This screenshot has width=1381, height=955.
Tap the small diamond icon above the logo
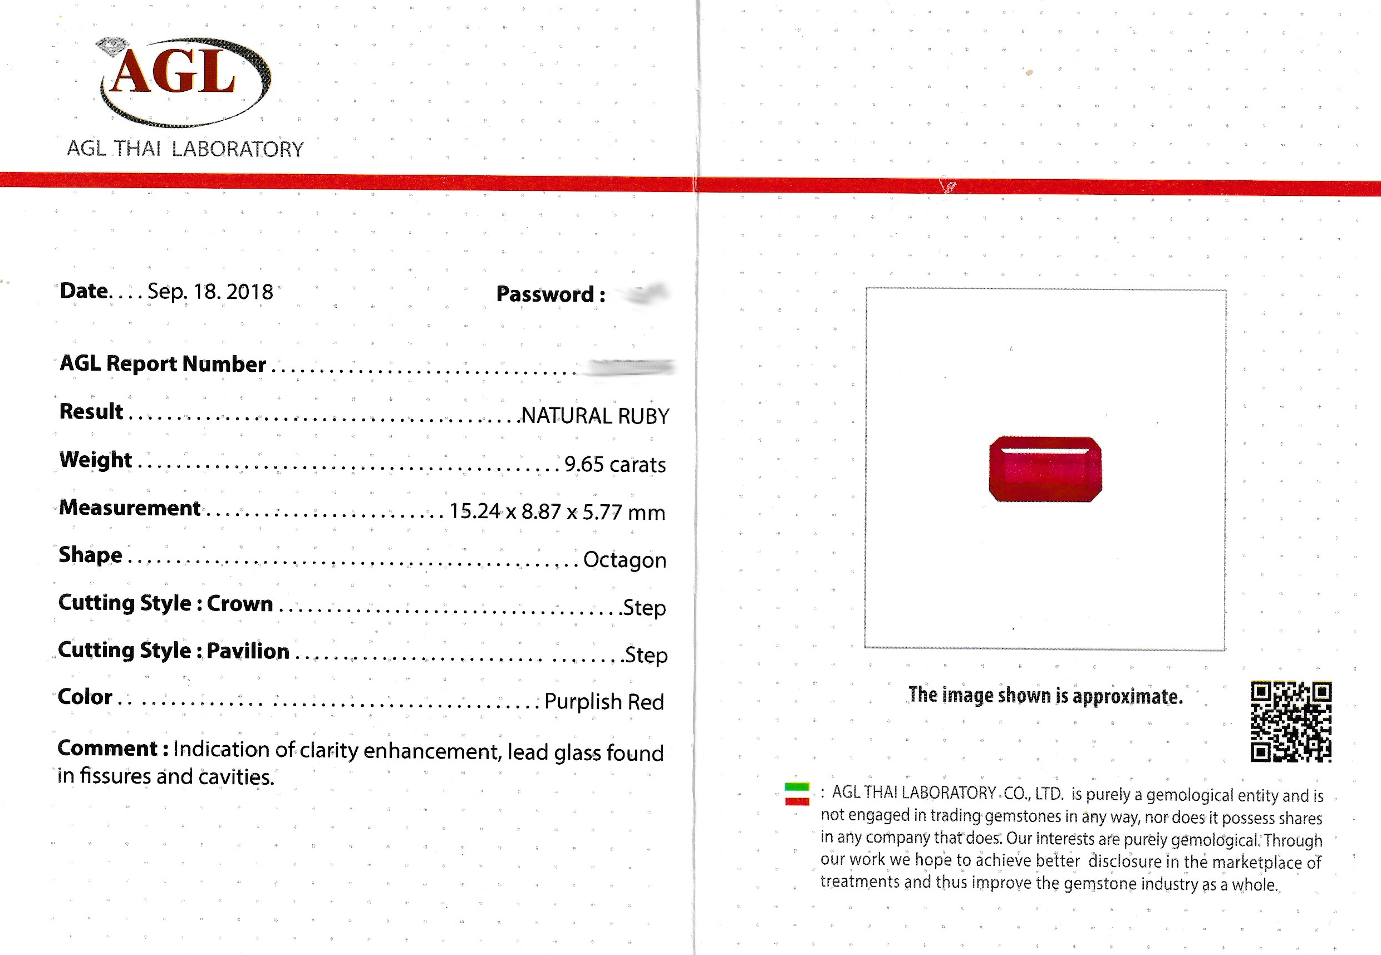(x=112, y=46)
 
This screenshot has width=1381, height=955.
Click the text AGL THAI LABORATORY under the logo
(x=185, y=149)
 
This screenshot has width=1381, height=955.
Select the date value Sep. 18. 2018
(x=210, y=292)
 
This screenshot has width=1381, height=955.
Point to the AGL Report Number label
(x=162, y=363)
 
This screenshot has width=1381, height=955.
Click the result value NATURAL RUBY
(x=595, y=416)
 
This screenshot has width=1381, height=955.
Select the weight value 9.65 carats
(x=615, y=464)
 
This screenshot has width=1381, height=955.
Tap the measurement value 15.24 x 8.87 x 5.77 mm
(x=557, y=511)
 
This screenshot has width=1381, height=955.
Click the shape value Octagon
(x=624, y=559)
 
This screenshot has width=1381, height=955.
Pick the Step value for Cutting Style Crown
(x=644, y=607)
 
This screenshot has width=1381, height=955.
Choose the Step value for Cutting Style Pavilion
(x=646, y=654)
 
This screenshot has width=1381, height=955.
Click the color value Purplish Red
(x=604, y=701)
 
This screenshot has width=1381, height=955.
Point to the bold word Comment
(x=107, y=748)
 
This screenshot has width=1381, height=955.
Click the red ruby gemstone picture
(x=1045, y=469)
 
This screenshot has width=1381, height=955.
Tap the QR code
(x=1291, y=721)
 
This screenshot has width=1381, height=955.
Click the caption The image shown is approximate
(x=1045, y=695)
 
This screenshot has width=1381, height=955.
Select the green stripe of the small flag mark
(x=797, y=786)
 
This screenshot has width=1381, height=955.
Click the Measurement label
(x=130, y=508)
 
